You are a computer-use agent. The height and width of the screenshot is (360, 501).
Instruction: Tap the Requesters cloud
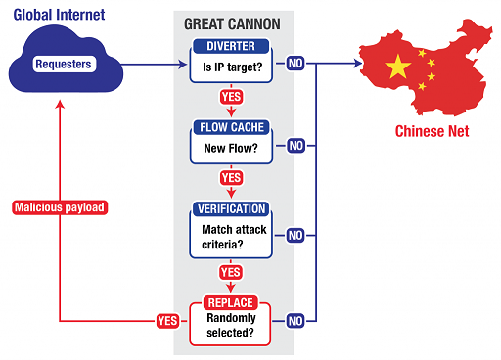click(63, 65)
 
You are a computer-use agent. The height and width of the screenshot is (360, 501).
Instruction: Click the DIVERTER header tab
click(231, 46)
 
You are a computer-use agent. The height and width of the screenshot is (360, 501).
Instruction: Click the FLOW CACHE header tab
click(231, 127)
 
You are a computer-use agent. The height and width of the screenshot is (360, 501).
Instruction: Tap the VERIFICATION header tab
click(231, 208)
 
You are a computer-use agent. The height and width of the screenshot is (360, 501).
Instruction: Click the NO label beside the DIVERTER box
click(296, 65)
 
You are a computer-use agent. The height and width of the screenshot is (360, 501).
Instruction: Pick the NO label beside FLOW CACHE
click(296, 146)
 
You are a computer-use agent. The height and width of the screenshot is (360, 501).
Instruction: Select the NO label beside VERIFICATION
click(296, 235)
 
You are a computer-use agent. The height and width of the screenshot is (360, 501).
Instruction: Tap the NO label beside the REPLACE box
click(296, 320)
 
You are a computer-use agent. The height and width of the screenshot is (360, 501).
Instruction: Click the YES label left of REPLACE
click(167, 320)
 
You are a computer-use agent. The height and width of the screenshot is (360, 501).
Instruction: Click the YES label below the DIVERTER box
click(231, 97)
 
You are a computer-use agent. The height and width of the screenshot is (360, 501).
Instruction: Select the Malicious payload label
click(60, 207)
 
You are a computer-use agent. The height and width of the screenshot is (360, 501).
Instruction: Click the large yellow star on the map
click(398, 67)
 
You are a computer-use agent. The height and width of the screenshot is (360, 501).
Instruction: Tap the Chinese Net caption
click(432, 131)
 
